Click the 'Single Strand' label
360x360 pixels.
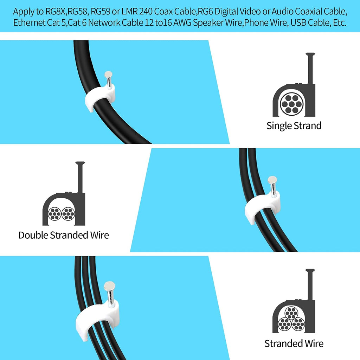click(294, 126)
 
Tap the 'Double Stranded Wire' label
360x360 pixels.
click(64, 235)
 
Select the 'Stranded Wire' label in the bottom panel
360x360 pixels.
click(294, 343)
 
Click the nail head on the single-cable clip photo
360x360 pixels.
click(108, 75)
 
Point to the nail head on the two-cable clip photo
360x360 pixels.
click(272, 180)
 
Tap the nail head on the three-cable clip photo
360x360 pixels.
click(110, 286)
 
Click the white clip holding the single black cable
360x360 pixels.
click(100, 96)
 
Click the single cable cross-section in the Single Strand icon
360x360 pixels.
click(292, 104)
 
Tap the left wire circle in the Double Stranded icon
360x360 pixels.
click(54, 214)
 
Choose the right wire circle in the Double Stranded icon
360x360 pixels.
click(68, 214)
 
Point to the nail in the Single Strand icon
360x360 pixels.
click(310, 69)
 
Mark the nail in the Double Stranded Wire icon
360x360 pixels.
click(80, 177)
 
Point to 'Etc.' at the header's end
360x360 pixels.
click(340, 23)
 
